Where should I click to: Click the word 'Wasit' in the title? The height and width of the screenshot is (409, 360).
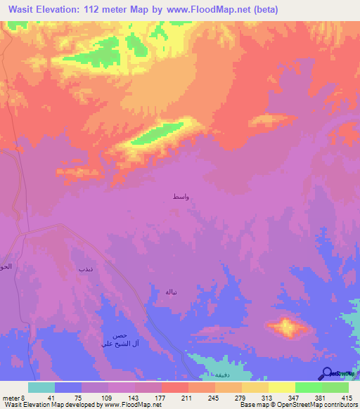click(x=26, y=10)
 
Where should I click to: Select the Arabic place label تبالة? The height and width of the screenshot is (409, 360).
click(x=171, y=291)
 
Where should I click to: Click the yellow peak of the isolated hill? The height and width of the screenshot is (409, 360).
click(x=286, y=325)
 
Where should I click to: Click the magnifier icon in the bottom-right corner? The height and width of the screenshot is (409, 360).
click(x=328, y=375)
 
